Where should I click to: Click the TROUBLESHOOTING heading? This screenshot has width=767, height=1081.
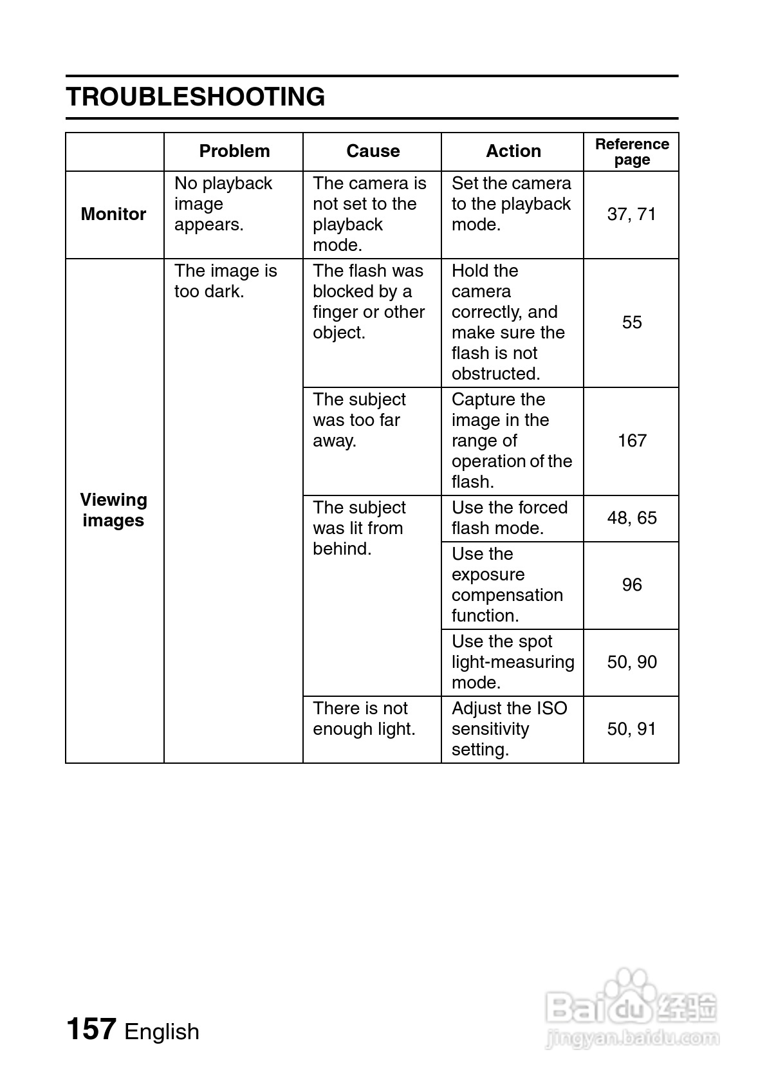(x=196, y=97)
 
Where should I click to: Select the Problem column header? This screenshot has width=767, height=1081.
(x=234, y=151)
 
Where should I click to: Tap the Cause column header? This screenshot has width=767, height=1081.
(x=373, y=151)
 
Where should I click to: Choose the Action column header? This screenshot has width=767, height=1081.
(x=513, y=151)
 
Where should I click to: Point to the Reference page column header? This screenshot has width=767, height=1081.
(x=631, y=152)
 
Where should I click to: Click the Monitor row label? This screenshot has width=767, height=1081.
(x=113, y=214)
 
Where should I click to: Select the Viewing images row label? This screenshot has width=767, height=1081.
(x=113, y=510)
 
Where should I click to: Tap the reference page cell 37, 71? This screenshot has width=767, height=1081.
(x=631, y=214)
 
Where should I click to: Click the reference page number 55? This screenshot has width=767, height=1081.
(x=631, y=322)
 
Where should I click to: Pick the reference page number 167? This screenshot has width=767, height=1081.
(x=631, y=441)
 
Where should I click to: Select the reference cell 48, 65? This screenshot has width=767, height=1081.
(x=631, y=518)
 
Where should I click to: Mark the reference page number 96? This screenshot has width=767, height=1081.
(x=631, y=585)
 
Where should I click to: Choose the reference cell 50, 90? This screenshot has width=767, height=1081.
(x=631, y=662)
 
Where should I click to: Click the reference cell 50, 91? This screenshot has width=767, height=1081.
(x=631, y=729)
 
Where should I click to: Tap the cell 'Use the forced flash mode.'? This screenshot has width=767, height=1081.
(x=509, y=518)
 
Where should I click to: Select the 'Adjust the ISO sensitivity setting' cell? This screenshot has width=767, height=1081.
(x=509, y=729)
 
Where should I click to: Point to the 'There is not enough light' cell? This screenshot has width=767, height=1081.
(x=364, y=719)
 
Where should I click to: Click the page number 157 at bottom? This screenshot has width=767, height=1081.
(x=91, y=1029)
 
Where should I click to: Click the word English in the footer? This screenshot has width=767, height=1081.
(x=162, y=1031)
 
